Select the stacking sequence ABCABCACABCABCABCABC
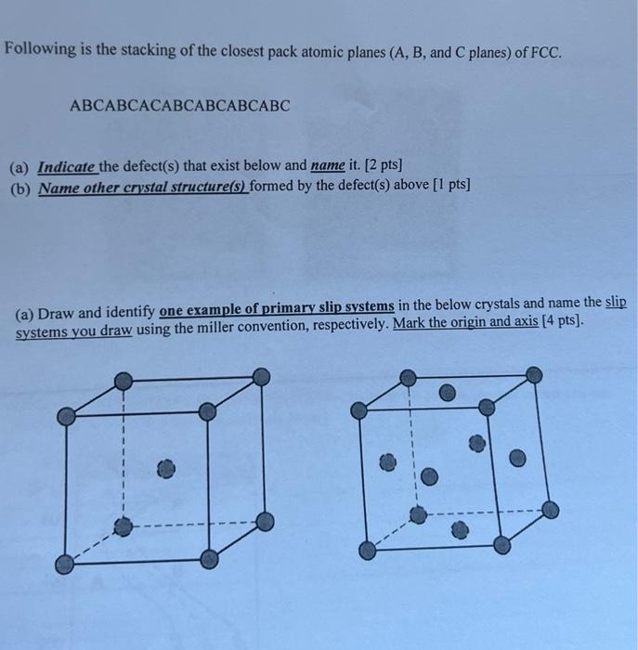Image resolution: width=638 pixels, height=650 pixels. pos(180,106)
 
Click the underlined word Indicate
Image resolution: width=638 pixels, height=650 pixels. pos(67,167)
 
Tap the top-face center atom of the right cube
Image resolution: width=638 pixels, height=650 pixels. pos(448,394)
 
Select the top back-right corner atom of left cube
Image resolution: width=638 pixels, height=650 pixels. pos(262,376)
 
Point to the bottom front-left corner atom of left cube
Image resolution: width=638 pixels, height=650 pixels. pos(64,564)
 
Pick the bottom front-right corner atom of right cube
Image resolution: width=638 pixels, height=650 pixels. pos(504,543)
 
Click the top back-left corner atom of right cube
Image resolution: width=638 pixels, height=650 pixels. pos(406,377)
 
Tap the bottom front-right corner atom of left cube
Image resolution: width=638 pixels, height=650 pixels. pos(210,559)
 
